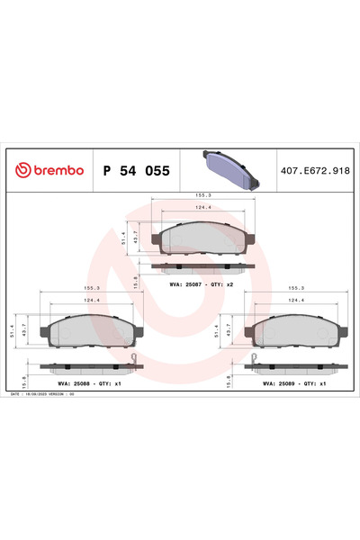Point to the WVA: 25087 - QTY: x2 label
click(x=202, y=284)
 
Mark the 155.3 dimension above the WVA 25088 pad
click(x=92, y=289)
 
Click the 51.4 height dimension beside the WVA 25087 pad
click(x=124, y=238)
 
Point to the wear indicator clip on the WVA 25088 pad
click(x=136, y=361)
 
